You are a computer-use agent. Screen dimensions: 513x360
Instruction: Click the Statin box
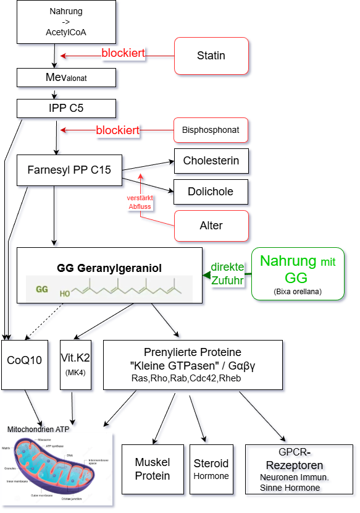click(x=211, y=56)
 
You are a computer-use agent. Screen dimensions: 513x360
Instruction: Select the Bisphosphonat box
click(x=211, y=130)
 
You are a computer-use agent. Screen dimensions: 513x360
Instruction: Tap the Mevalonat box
click(x=67, y=77)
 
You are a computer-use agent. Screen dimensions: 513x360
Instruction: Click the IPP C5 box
click(x=67, y=108)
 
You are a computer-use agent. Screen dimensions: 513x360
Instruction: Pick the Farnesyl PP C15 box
click(x=69, y=169)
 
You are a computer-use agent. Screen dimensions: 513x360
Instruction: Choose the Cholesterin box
click(x=211, y=161)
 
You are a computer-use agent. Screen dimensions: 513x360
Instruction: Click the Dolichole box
click(x=211, y=192)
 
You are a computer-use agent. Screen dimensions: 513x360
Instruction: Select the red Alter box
click(x=211, y=226)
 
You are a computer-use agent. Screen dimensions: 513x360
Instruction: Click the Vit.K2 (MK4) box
click(x=76, y=365)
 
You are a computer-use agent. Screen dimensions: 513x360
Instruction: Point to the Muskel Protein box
click(x=153, y=469)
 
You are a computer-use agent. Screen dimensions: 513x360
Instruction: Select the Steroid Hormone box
click(x=211, y=469)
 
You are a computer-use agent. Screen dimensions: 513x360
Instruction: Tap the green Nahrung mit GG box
click(x=298, y=274)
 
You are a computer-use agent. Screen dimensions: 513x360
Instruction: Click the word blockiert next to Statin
click(x=123, y=54)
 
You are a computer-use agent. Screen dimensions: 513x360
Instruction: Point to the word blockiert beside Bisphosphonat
click(x=117, y=130)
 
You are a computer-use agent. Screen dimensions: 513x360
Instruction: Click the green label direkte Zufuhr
click(x=227, y=274)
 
